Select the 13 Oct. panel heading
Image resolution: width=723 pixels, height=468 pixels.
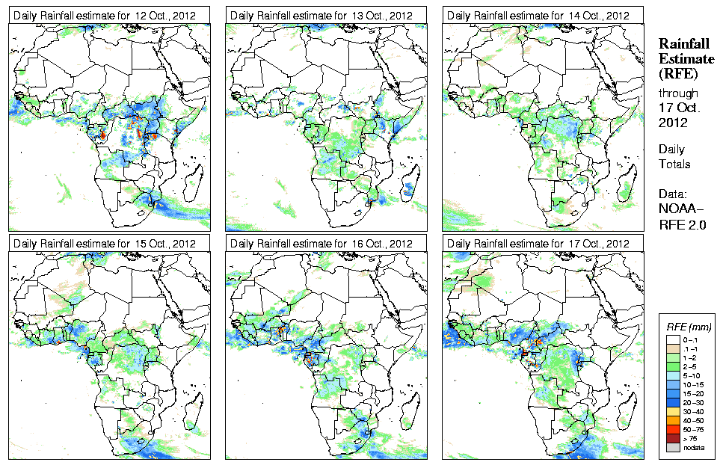pos(321,16)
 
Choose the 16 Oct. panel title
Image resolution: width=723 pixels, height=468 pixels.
pos(321,244)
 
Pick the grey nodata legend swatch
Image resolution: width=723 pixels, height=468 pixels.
pos(672,446)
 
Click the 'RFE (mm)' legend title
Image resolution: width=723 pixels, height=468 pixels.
pos(689,327)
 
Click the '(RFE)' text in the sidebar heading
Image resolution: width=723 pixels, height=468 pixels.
pos(677,73)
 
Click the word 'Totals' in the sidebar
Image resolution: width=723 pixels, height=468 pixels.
pos(674,164)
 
